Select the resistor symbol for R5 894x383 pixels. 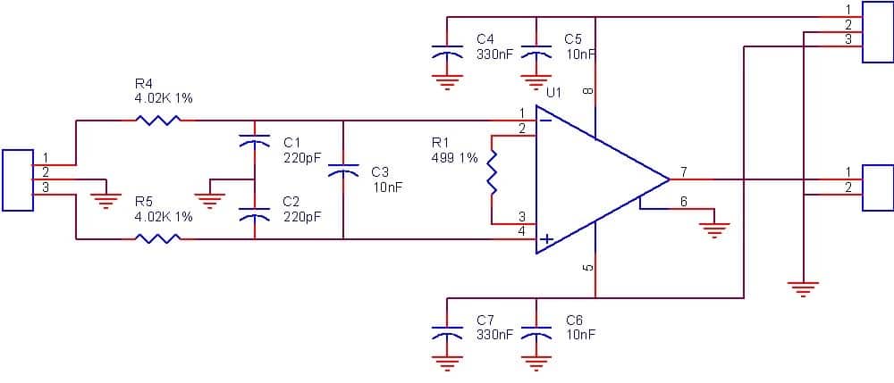tap(157, 238)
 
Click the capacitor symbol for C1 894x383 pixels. tap(255, 140)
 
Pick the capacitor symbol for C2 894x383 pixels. tap(255, 216)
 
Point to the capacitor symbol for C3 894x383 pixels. tap(342, 170)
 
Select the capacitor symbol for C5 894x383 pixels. tap(536, 52)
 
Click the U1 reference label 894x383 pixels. tap(554, 92)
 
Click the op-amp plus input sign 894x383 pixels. tap(544, 239)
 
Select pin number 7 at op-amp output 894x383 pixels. tap(683, 171)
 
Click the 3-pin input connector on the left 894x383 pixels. tap(18, 180)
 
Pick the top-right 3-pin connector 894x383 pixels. tap(877, 31)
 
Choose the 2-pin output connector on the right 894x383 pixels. tap(877, 187)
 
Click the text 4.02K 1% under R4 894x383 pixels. tap(163, 98)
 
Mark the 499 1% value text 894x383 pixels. tap(454, 158)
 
